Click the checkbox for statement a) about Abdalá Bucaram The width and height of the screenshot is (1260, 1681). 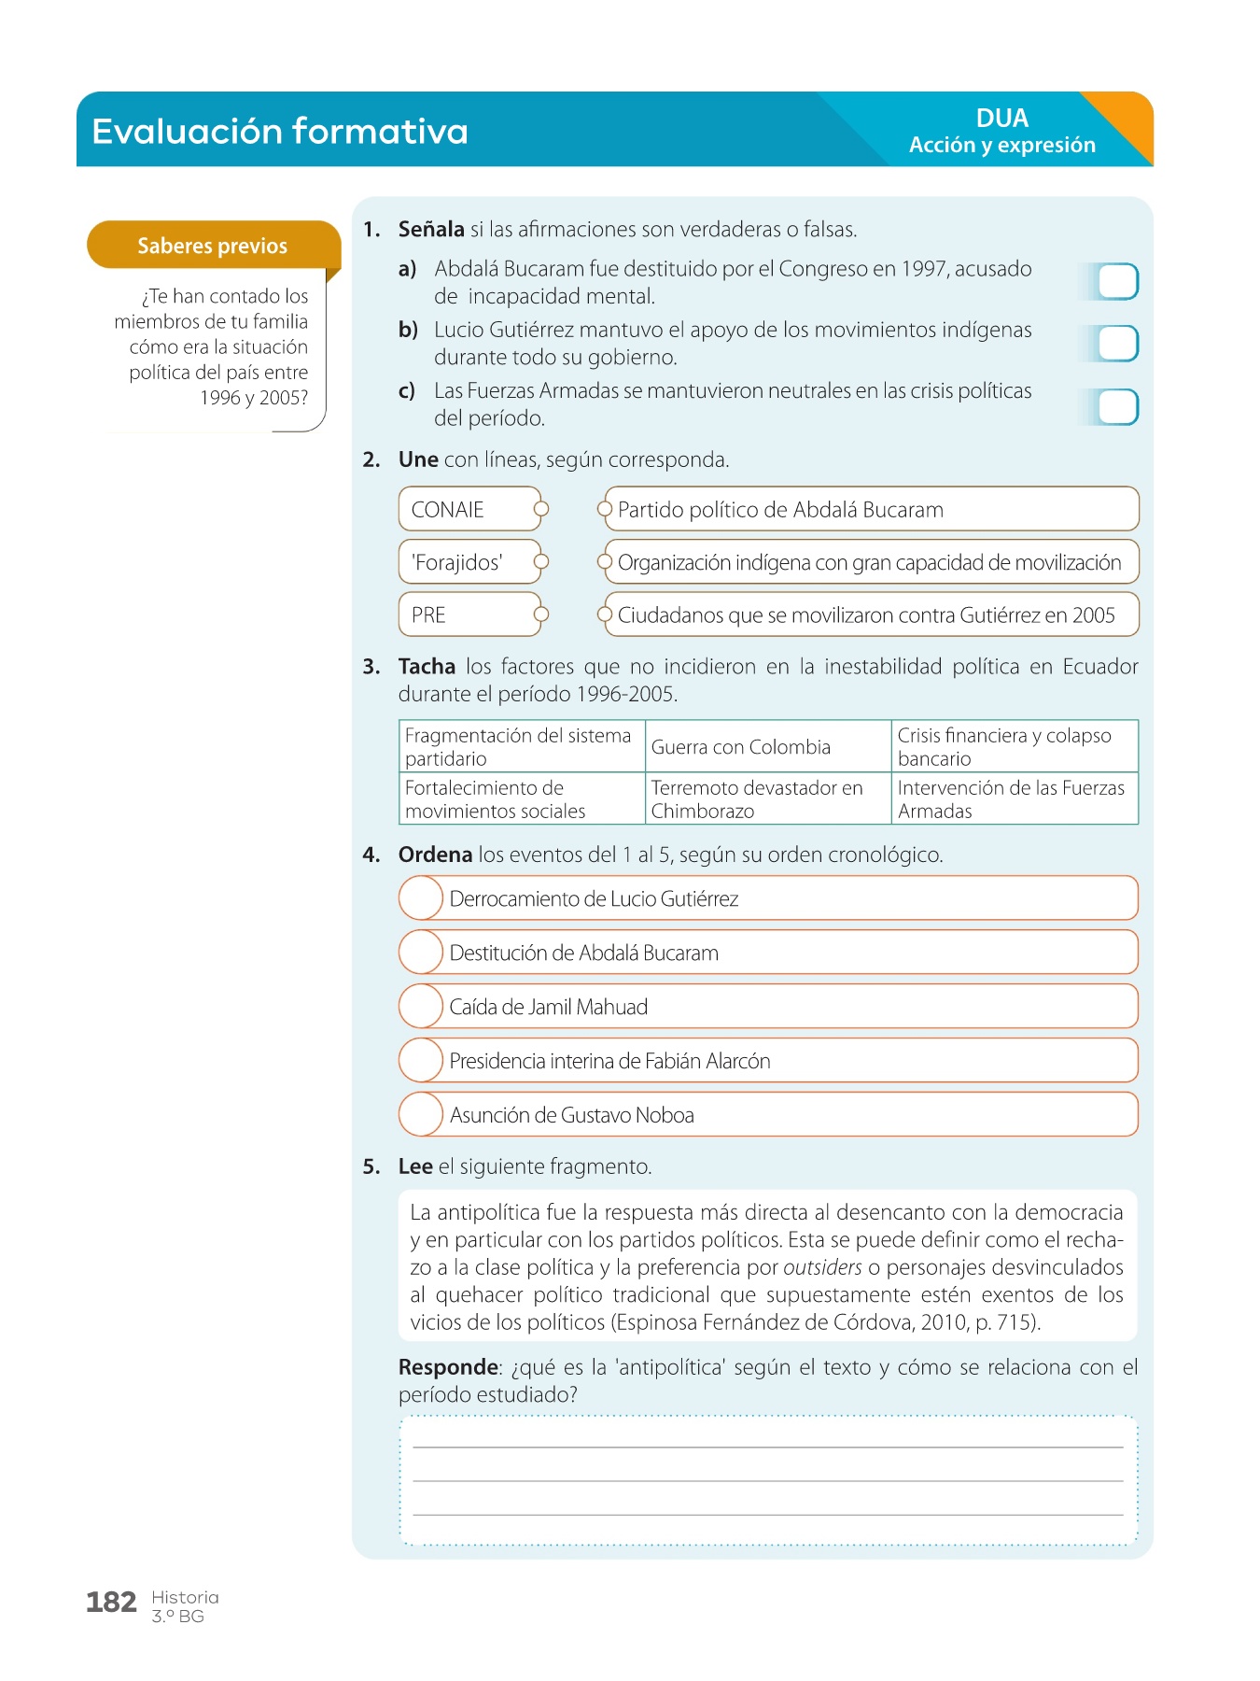click(1117, 282)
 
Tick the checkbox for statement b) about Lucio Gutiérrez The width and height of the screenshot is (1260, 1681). click(1117, 344)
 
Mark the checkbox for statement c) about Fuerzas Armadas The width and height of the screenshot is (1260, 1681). click(1117, 407)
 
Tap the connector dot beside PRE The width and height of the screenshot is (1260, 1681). click(540, 614)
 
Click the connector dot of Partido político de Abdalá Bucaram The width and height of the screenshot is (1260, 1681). click(605, 509)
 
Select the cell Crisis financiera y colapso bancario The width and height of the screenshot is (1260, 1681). click(1014, 746)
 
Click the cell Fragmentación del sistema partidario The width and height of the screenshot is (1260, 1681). click(521, 746)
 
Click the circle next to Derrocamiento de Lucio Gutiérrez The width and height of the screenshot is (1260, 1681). click(421, 898)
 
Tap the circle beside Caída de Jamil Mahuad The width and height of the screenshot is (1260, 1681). click(421, 1007)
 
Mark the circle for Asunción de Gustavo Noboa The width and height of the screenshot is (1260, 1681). click(421, 1114)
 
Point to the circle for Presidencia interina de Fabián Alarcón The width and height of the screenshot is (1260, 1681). click(421, 1061)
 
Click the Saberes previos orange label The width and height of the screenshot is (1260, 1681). click(213, 246)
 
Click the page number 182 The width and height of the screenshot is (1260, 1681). click(111, 1603)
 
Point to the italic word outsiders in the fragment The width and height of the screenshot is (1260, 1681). click(822, 1267)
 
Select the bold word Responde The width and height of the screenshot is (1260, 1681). click(448, 1367)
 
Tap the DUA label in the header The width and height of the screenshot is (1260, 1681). click(1002, 119)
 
